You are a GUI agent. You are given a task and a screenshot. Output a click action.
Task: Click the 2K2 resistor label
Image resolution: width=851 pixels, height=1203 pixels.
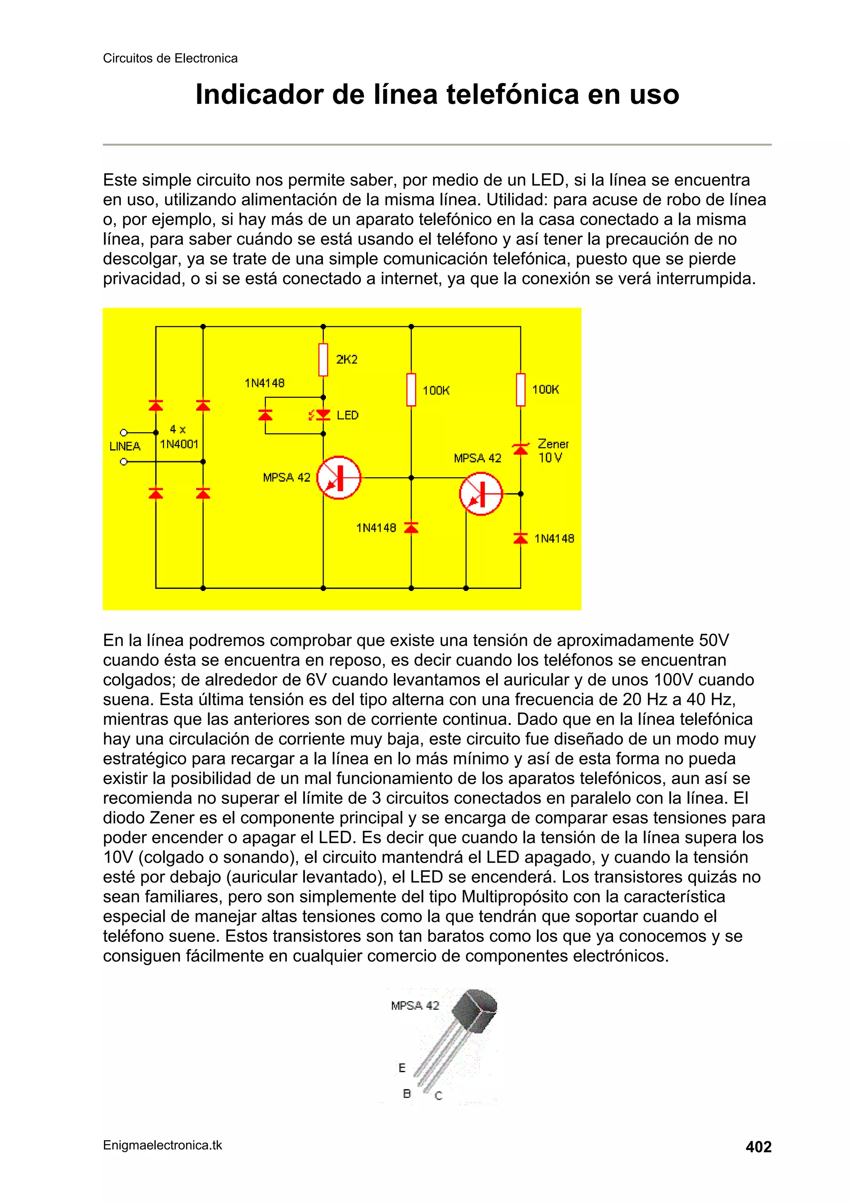click(347, 360)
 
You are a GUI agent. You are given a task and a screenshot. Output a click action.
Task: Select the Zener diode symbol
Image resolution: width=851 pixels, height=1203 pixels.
click(520, 449)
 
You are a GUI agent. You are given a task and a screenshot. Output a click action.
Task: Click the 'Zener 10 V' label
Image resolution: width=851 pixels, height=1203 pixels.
click(553, 451)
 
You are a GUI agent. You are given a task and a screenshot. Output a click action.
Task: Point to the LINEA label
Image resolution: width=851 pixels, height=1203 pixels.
click(125, 446)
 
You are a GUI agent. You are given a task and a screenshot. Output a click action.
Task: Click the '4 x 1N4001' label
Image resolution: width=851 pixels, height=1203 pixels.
click(179, 437)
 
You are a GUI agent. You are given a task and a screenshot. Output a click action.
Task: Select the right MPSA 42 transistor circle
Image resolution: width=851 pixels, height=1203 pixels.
click(481, 494)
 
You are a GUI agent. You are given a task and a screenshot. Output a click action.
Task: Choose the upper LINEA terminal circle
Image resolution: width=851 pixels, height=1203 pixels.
click(124, 433)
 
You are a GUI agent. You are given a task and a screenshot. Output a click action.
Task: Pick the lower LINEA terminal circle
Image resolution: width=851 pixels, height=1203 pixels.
click(124, 462)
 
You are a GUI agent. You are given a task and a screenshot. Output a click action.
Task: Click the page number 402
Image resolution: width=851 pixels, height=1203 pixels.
click(758, 1147)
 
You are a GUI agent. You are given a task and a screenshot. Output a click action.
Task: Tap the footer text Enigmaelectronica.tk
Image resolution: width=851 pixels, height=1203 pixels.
click(162, 1145)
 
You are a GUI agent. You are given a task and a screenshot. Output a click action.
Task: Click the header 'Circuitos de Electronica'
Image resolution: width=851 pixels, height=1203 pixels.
click(170, 58)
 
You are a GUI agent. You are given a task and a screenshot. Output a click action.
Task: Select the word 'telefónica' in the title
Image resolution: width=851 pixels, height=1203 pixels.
click(513, 94)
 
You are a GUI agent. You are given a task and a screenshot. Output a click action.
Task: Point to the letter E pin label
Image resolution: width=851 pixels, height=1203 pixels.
click(402, 1068)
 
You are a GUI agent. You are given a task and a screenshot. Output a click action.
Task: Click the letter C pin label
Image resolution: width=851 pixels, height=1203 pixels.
click(438, 1095)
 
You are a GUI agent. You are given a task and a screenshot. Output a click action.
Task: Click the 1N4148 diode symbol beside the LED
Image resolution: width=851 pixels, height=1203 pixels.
click(266, 415)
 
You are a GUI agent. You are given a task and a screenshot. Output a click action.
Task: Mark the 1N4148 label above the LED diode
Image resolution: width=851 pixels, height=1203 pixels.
click(264, 383)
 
